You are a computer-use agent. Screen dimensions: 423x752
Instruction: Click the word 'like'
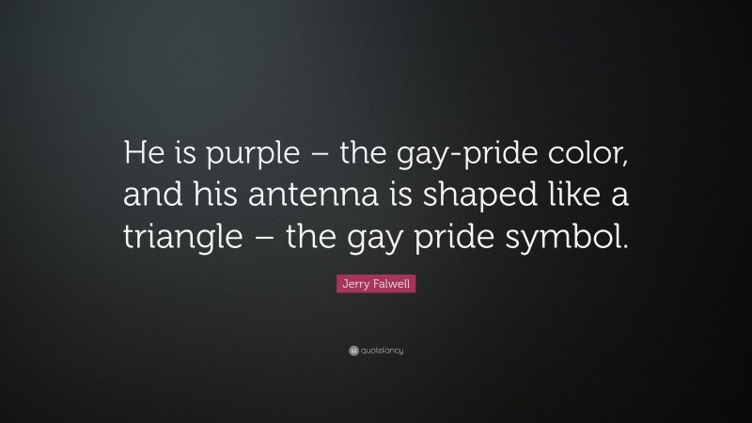point(539,199)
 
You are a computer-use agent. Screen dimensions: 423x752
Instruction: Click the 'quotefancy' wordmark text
point(383,352)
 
